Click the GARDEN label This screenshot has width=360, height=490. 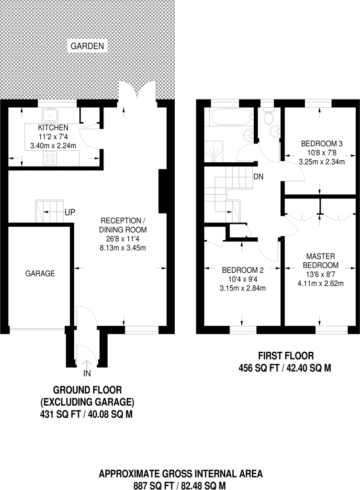click(x=87, y=46)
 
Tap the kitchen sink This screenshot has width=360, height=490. click(x=49, y=115)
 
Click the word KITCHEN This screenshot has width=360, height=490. click(x=53, y=127)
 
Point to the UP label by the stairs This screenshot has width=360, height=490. click(x=70, y=212)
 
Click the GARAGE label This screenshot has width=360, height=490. click(x=40, y=273)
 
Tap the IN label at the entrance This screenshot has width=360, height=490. click(x=87, y=373)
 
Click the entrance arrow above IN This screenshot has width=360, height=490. click(x=87, y=364)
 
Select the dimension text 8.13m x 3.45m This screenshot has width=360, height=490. click(x=123, y=248)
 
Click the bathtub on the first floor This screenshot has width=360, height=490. click(x=233, y=117)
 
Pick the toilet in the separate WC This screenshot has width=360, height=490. click(x=268, y=116)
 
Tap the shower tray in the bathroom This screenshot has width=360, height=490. click(x=214, y=151)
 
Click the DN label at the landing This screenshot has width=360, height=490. click(x=259, y=177)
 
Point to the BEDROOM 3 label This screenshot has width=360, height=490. click(x=322, y=144)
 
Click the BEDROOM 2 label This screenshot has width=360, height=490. click(x=243, y=270)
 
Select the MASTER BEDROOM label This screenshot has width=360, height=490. click(x=321, y=261)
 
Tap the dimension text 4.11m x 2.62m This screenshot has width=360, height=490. click(x=321, y=284)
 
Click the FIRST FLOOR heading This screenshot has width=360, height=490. click(x=286, y=356)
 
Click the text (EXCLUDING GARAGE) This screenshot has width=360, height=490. click(x=87, y=402)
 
